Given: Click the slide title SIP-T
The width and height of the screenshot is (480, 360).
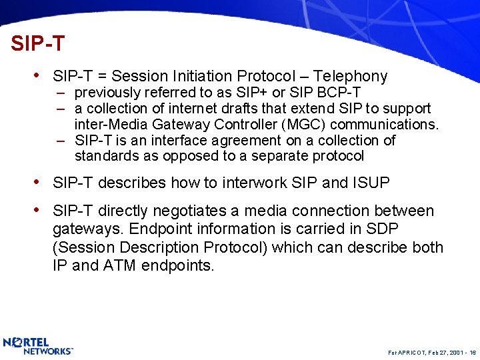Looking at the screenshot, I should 38,44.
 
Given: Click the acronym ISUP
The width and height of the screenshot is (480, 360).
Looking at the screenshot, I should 370,183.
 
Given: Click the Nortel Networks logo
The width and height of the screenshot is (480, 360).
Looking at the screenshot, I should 38,346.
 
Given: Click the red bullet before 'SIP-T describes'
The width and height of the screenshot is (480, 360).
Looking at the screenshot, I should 42,182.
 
